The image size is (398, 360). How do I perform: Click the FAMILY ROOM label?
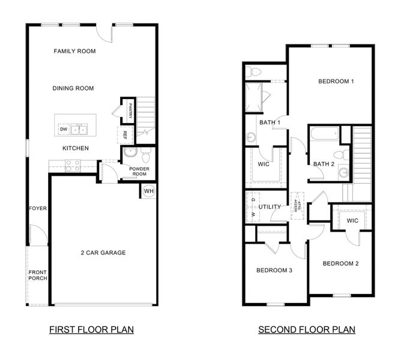(x=74, y=52)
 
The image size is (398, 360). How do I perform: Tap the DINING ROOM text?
(x=73, y=88)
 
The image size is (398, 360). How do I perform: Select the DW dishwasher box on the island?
(x=63, y=129)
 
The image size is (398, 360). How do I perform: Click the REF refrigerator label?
(x=125, y=135)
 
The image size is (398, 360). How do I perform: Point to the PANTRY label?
(x=130, y=111)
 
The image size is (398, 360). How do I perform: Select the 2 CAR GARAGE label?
(x=103, y=253)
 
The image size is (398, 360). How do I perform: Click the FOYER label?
(x=38, y=209)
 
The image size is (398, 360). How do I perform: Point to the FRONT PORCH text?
(x=38, y=275)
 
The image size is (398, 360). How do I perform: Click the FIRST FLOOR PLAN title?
(x=91, y=329)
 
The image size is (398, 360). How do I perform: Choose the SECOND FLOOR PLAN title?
(x=306, y=329)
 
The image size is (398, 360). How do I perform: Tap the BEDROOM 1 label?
(x=336, y=81)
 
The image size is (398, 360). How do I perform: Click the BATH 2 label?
(x=324, y=164)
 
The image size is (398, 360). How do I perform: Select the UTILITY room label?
(x=270, y=207)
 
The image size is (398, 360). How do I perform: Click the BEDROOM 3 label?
(x=274, y=270)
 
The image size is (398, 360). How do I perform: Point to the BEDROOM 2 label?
(x=340, y=263)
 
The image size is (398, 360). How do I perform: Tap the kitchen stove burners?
(x=73, y=165)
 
